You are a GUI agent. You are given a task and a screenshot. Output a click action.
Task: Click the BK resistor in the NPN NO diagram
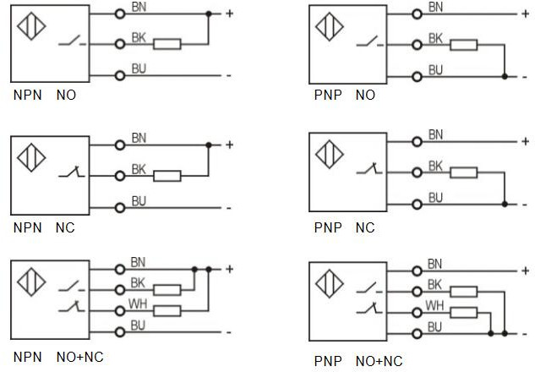167,43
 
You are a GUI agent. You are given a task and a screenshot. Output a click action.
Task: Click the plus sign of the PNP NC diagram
525,144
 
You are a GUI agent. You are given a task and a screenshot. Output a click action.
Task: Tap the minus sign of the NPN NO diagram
228,75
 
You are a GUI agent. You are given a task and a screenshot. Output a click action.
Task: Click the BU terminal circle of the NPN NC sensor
120,206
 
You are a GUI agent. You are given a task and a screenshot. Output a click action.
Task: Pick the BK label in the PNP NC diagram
436,167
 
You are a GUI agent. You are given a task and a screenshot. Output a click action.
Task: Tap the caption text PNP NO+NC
358,361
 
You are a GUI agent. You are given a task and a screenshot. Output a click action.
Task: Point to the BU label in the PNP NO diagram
435,69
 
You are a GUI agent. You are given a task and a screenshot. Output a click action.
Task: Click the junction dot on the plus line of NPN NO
208,14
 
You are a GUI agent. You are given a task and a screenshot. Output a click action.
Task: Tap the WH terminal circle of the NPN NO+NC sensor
120,310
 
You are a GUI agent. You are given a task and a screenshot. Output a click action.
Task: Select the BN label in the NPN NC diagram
139,136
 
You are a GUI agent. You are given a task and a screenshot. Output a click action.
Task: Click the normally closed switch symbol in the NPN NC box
69,174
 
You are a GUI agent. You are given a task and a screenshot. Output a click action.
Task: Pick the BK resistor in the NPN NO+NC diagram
167,289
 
